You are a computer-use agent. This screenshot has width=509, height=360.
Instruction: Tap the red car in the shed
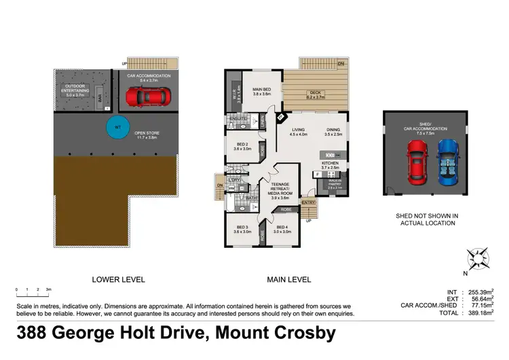[x=415, y=162]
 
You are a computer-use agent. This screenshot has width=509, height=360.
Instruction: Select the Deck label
[x=315, y=95]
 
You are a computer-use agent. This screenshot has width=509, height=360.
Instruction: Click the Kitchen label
[x=330, y=164]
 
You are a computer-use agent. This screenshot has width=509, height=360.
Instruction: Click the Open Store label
[x=147, y=134]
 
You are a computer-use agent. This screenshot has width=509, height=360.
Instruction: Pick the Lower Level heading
[x=118, y=279]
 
